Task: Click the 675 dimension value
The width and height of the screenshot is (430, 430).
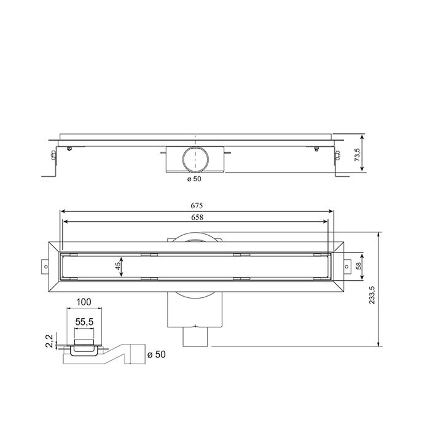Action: click(197, 206)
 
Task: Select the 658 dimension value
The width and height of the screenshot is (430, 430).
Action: click(197, 217)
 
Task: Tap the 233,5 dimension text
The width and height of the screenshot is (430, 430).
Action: click(389, 289)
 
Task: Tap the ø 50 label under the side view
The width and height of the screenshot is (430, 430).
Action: click(194, 179)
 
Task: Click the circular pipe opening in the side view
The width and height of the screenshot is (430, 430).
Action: click(195, 160)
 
